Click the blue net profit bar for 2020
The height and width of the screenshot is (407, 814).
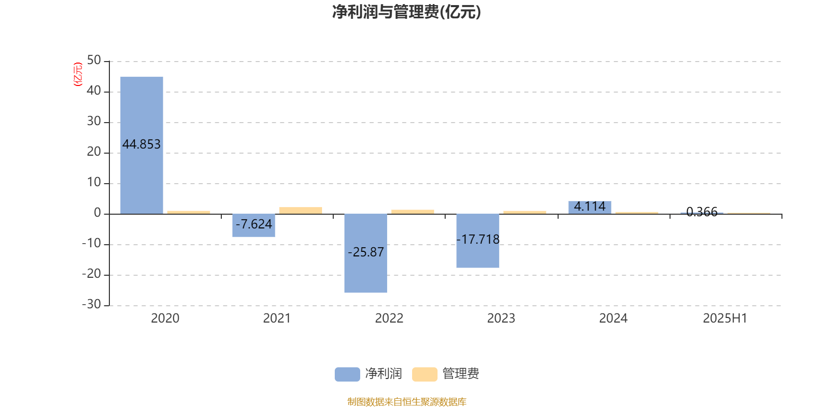pos(142,146)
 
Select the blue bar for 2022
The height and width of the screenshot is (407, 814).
pos(366,253)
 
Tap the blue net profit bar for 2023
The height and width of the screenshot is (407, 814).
pos(478,241)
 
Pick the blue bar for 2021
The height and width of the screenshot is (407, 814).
pos(254,225)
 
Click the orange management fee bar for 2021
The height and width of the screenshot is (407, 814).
pos(301,211)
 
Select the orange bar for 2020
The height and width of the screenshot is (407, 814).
pos(189,213)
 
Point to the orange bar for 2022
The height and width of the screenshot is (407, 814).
pos(413,212)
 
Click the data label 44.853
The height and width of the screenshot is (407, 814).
pos(141,144)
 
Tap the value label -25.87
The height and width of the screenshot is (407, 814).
pos(366,252)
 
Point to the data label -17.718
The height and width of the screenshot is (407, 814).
pos(478,239)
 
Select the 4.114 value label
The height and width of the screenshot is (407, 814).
pos(590,207)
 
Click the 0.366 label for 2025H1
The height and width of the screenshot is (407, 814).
pos(702,212)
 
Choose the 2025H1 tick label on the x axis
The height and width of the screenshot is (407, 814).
pos(725,318)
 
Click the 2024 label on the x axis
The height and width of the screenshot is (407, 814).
pos(613,318)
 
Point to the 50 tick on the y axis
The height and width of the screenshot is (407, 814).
pos(94,61)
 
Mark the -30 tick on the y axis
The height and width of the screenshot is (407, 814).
pos(92,304)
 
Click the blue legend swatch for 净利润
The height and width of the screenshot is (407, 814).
pos(347,374)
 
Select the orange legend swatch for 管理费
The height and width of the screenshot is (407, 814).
pos(424,374)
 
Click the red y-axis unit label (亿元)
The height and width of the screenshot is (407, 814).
pos(78,74)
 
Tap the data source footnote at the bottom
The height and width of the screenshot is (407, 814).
pos(406,401)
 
